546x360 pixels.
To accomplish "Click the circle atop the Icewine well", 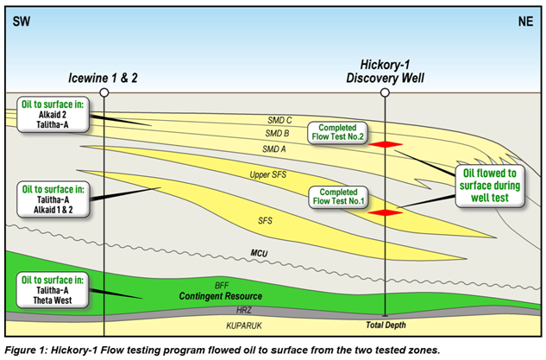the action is click(104, 92).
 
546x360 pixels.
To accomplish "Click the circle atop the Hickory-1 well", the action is click(386, 92).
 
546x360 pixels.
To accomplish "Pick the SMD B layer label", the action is click(276, 133).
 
